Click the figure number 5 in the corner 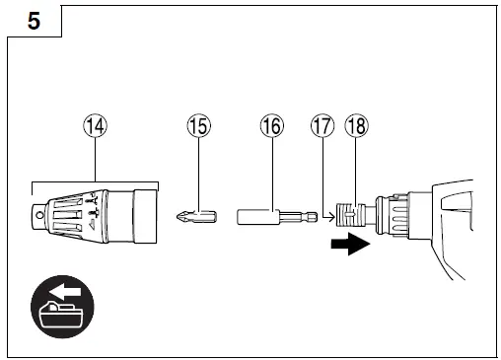[x=34, y=21]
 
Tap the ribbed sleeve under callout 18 [x=351, y=214]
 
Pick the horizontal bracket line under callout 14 [x=95, y=182]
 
